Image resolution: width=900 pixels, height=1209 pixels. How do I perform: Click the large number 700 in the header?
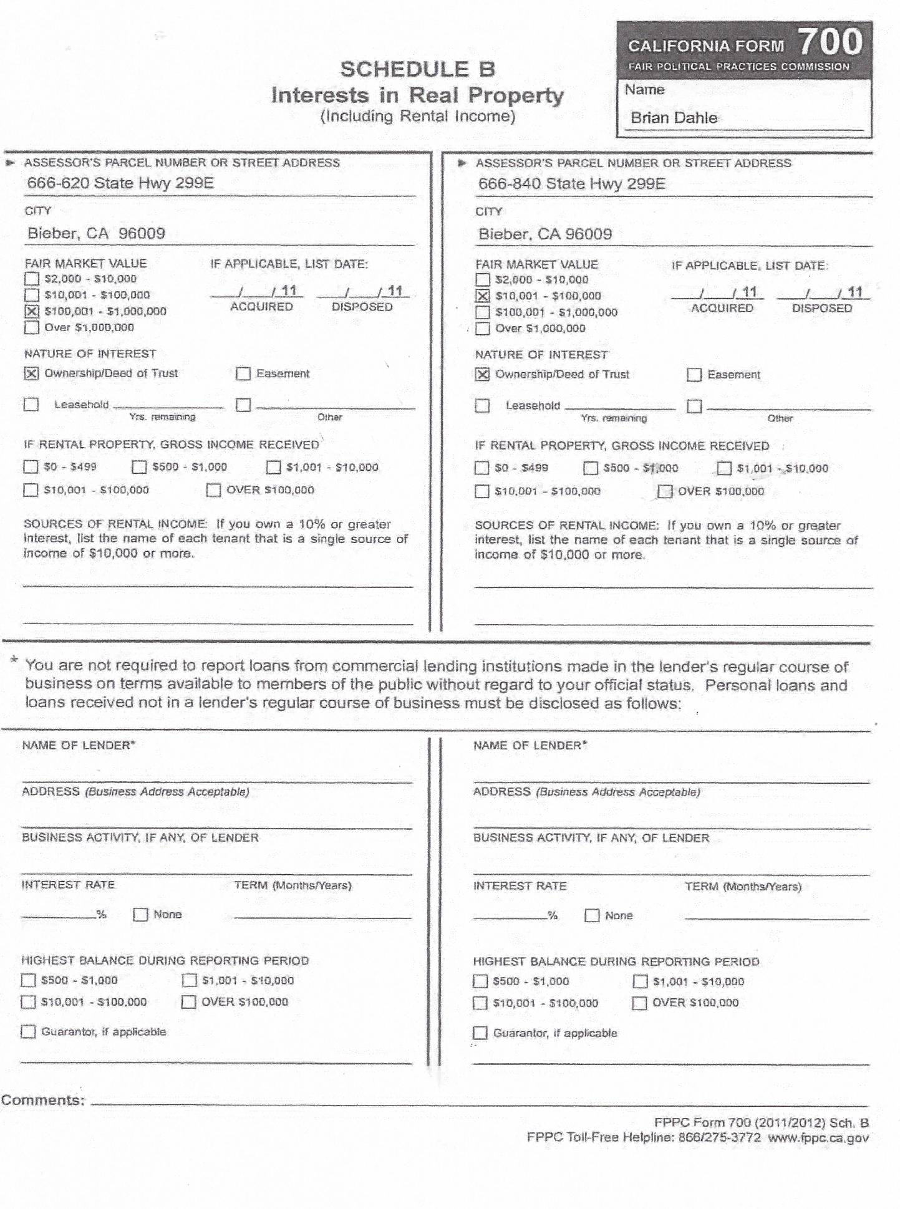pos(830,42)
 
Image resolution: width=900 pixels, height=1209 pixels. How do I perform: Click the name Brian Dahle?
pos(674,118)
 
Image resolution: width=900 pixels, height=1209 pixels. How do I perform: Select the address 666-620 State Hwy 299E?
pos(120,183)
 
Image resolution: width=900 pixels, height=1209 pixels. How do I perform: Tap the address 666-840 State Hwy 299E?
pos(571,184)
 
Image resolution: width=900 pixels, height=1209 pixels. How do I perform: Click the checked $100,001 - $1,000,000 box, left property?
pos(31,311)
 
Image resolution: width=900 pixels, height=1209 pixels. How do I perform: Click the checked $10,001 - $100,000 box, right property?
pos(482,296)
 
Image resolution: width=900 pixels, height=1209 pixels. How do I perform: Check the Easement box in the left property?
pos(243,374)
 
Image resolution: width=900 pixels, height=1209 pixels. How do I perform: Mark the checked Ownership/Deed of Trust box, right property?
pos(482,375)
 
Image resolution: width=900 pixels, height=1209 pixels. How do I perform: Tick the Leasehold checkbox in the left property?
pos(31,405)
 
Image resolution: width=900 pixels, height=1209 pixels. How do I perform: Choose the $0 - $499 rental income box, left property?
pos(31,467)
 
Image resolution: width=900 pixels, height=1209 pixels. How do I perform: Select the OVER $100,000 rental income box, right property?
pos(665,491)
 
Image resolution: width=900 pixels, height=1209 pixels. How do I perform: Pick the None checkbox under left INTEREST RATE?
pos(140,915)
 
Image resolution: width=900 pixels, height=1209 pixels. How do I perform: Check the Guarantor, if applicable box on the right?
pos(480,1033)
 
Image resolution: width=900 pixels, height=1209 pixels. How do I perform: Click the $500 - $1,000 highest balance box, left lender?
pos(29,980)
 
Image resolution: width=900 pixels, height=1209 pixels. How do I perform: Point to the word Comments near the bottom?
pos(42,1100)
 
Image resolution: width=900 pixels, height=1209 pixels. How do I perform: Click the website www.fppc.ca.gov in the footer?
pos(818,1137)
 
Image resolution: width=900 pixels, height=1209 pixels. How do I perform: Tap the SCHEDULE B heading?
pos(417,69)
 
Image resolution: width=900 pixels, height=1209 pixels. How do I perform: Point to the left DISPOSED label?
pos(362,307)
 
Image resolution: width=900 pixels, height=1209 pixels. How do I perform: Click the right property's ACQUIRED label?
pos(722,308)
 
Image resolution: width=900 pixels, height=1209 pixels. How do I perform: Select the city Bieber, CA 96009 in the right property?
pos(544,234)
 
